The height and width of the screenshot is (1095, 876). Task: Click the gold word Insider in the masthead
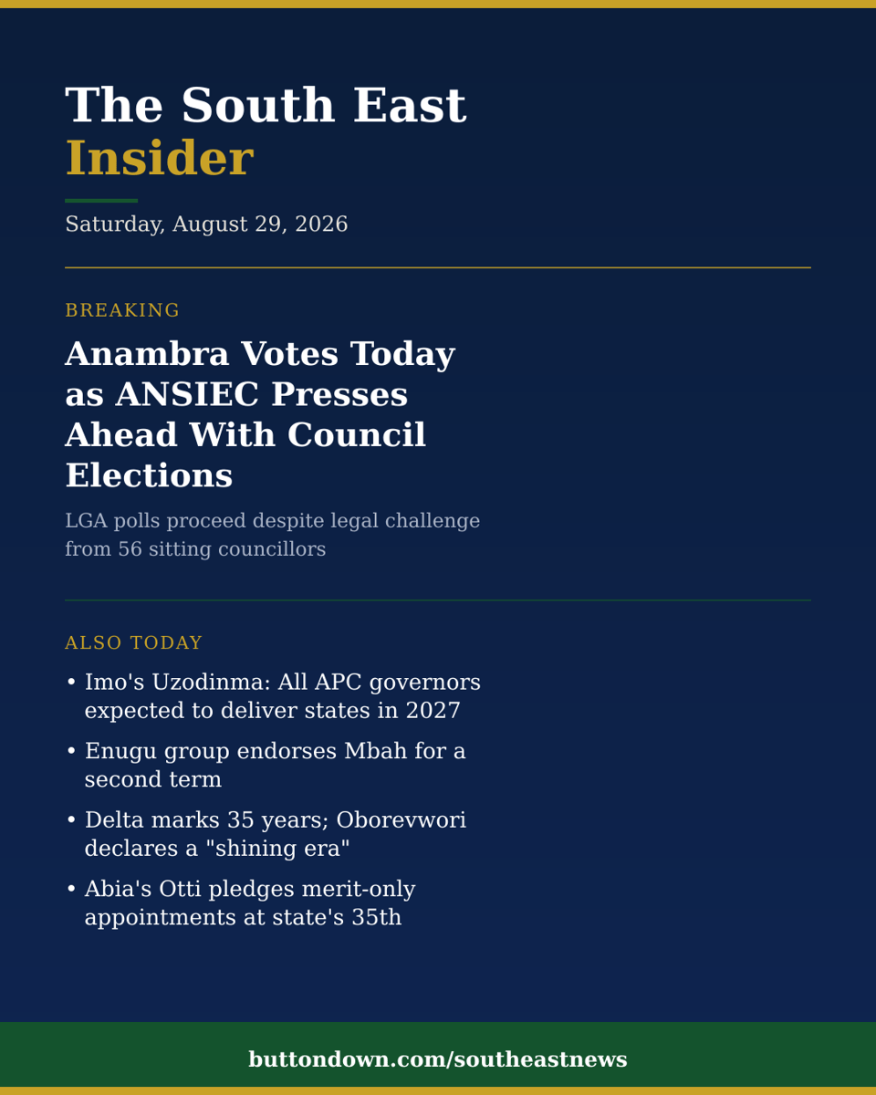[160, 158]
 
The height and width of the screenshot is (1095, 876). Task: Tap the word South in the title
[258, 105]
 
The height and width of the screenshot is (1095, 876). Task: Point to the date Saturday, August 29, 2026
[206, 224]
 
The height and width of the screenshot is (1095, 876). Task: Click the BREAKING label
[122, 310]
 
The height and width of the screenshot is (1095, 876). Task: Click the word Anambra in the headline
[147, 354]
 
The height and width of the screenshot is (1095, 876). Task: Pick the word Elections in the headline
[149, 475]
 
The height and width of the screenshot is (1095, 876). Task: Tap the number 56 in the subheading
[130, 549]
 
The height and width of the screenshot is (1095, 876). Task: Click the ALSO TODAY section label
[133, 642]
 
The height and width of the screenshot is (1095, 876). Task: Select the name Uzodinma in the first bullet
[211, 682]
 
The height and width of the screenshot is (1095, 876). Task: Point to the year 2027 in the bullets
[433, 710]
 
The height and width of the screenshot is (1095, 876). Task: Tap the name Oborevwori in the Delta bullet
[401, 819]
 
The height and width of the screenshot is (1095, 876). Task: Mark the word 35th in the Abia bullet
[376, 917]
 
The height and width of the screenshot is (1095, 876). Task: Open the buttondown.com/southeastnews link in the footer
[438, 1059]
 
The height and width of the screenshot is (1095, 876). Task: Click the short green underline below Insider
[101, 201]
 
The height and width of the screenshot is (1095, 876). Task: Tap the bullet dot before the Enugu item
[71, 751]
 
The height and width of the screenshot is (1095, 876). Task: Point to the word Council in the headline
[356, 435]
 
